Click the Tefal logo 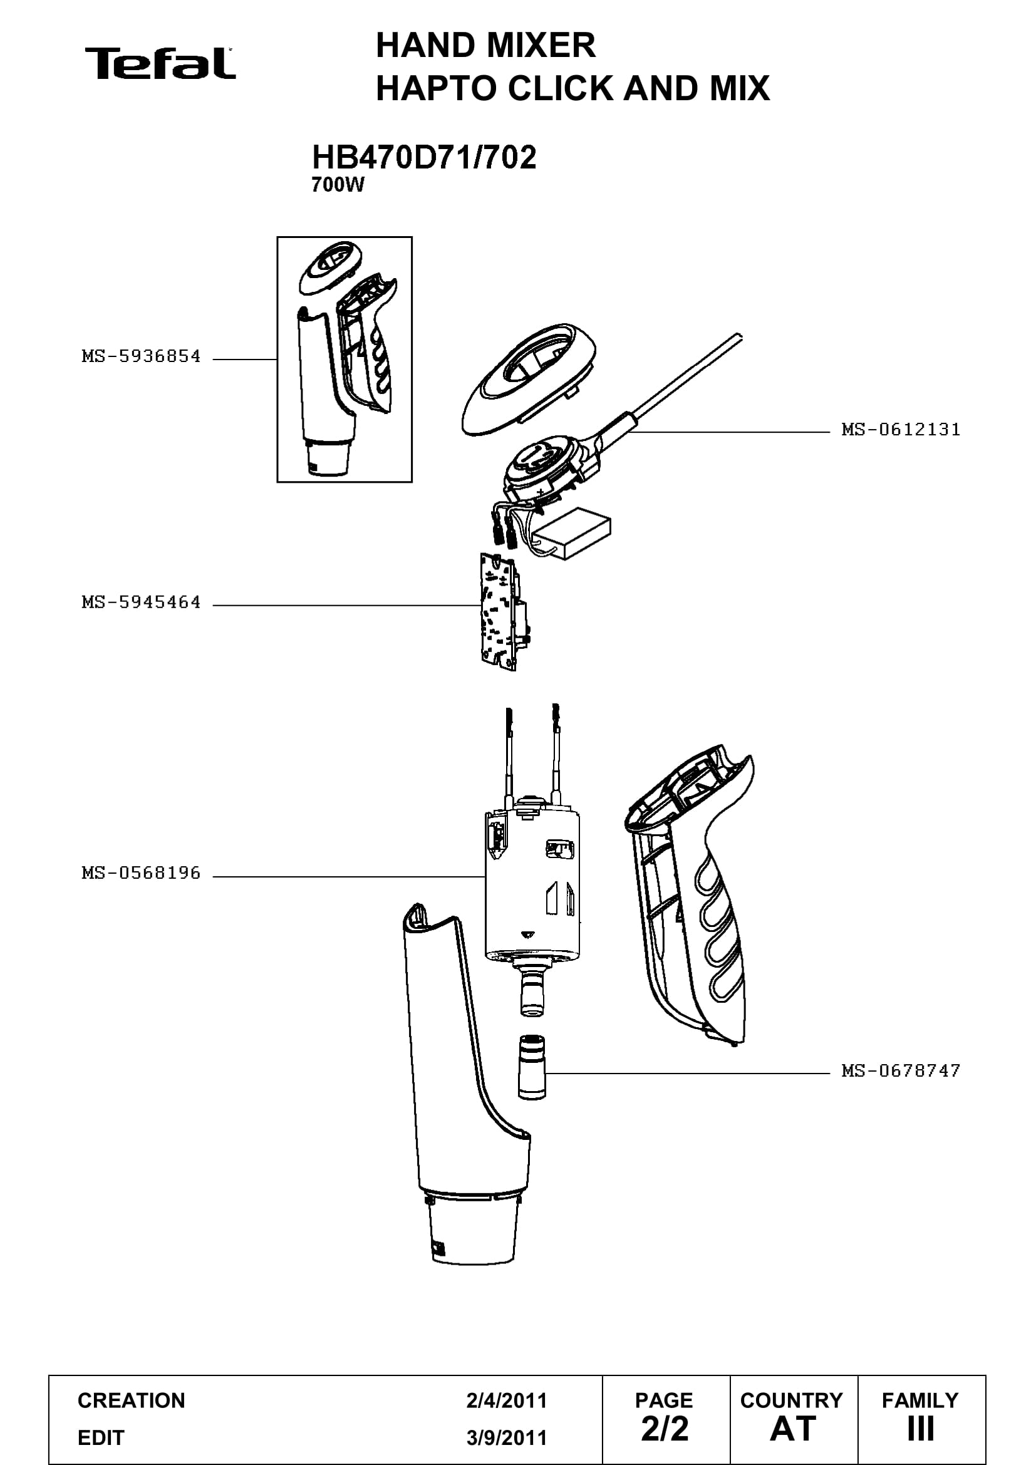(x=160, y=63)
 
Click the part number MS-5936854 (x=141, y=356)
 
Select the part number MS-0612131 (x=901, y=430)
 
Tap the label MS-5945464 (x=141, y=602)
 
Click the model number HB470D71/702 (x=423, y=157)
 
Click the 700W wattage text (x=338, y=185)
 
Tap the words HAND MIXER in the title (x=485, y=45)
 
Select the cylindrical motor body (x=532, y=887)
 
